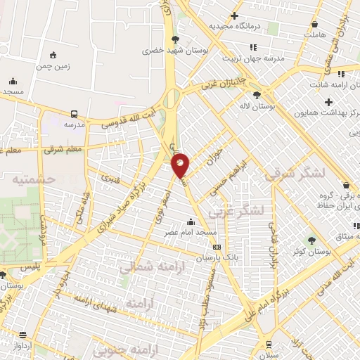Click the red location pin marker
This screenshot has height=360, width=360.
(x=181, y=165)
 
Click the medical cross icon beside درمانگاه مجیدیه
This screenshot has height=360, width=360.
(x=235, y=15)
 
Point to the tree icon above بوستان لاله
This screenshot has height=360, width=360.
(x=257, y=94)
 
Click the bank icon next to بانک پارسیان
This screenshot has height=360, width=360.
(x=217, y=247)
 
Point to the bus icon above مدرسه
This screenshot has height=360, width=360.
(x=75, y=113)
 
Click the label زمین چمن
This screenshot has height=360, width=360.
(x=53, y=67)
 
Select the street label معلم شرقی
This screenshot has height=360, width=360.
(x=63, y=149)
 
